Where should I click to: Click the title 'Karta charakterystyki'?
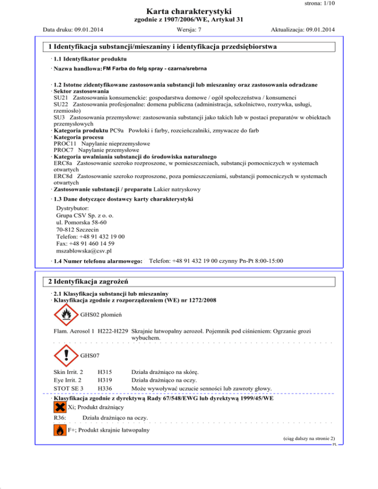(x=189, y=11)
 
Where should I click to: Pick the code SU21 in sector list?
(x=61, y=98)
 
